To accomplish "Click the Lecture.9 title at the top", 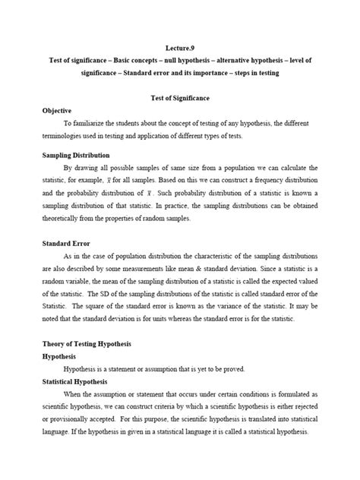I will point(179,45).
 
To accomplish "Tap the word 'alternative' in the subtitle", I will point(231,60).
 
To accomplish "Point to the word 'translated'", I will point(258,425).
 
